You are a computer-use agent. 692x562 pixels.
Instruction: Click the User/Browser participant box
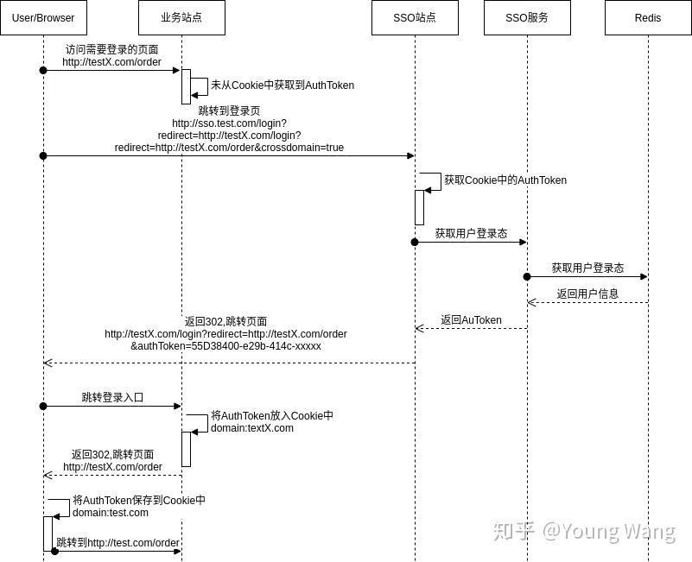43,17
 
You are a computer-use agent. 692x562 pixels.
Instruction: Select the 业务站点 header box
181,17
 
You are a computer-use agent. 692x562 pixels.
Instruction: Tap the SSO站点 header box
415,17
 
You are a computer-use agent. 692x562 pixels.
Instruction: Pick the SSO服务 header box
527,17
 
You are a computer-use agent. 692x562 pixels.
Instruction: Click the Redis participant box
648,17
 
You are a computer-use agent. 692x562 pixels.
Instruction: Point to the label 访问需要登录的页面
112,49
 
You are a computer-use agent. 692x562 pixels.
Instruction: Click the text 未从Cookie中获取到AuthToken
283,85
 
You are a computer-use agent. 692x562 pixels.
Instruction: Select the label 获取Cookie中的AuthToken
505,180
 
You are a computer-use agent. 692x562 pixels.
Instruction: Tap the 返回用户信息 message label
587,294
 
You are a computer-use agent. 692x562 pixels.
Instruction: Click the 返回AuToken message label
471,319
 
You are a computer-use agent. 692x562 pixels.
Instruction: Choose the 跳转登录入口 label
112,397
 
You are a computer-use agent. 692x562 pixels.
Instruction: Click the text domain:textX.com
252,428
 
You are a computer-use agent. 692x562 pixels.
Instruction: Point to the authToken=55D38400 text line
225,346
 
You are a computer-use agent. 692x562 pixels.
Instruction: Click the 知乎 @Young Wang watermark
583,531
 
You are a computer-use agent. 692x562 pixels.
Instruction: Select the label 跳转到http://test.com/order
117,543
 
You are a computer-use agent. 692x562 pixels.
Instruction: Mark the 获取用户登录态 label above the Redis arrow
587,268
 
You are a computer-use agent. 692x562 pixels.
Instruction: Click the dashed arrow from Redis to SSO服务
587,302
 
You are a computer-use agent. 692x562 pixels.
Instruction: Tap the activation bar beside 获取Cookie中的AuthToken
419,207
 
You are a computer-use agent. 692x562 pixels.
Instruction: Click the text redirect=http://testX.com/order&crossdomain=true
229,148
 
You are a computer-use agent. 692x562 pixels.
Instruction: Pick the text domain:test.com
111,513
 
